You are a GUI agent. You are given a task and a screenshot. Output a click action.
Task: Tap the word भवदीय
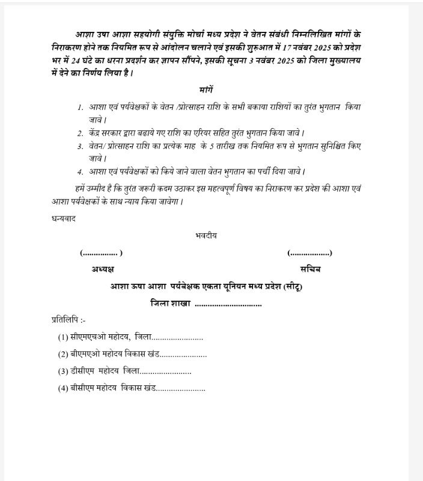[x=206, y=235]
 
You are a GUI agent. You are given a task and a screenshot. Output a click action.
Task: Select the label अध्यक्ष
[x=103, y=269]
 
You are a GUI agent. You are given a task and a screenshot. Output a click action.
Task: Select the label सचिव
[x=311, y=269]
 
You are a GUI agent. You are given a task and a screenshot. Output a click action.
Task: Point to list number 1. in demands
[x=80, y=107]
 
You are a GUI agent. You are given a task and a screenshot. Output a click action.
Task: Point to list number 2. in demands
[x=80, y=133]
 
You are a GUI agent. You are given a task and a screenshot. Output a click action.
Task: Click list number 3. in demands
[x=80, y=146]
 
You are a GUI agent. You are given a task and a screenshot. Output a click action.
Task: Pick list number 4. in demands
[x=80, y=172]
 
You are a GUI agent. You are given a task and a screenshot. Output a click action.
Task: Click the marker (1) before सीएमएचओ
[x=63, y=337]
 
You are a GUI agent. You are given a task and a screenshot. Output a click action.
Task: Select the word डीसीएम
[x=84, y=372]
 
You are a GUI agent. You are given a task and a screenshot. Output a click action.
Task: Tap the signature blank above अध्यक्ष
[x=101, y=253]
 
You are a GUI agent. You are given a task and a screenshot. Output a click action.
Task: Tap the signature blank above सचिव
[x=310, y=253]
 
